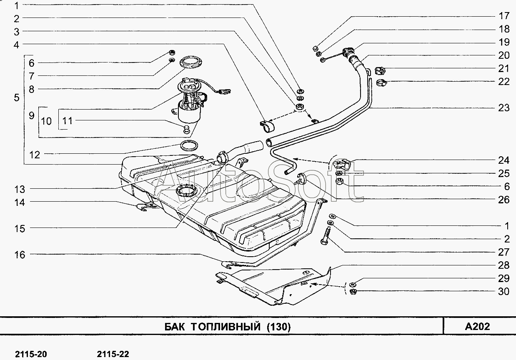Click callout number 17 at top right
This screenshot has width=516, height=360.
tap(504, 16)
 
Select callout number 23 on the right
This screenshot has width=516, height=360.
tap(504, 107)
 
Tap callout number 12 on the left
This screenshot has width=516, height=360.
tap(35, 155)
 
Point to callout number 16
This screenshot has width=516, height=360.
tap(20, 255)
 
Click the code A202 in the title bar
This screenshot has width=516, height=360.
tap(477, 326)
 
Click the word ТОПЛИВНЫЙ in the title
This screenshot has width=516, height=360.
tap(226, 327)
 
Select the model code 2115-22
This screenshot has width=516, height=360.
tap(113, 354)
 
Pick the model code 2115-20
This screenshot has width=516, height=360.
tap(31, 354)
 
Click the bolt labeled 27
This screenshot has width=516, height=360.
tap(326, 236)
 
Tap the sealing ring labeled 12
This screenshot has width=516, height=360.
tap(189, 145)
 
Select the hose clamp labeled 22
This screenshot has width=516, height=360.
tap(381, 82)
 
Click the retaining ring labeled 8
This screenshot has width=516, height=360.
tap(191, 62)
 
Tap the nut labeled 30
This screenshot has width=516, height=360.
tap(353, 292)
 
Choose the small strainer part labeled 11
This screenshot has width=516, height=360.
tap(186, 130)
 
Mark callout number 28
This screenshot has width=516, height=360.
tap(504, 265)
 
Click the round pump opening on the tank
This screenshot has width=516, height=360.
tap(186, 191)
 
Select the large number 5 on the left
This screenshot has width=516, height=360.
tap(17, 97)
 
